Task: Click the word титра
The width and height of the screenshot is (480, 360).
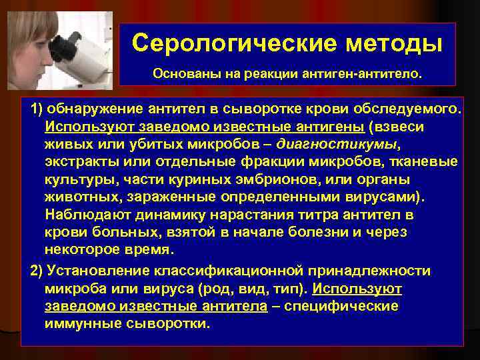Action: pyautogui.click(x=328, y=216)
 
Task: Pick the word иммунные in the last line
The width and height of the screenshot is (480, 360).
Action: pyautogui.click(x=77, y=324)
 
